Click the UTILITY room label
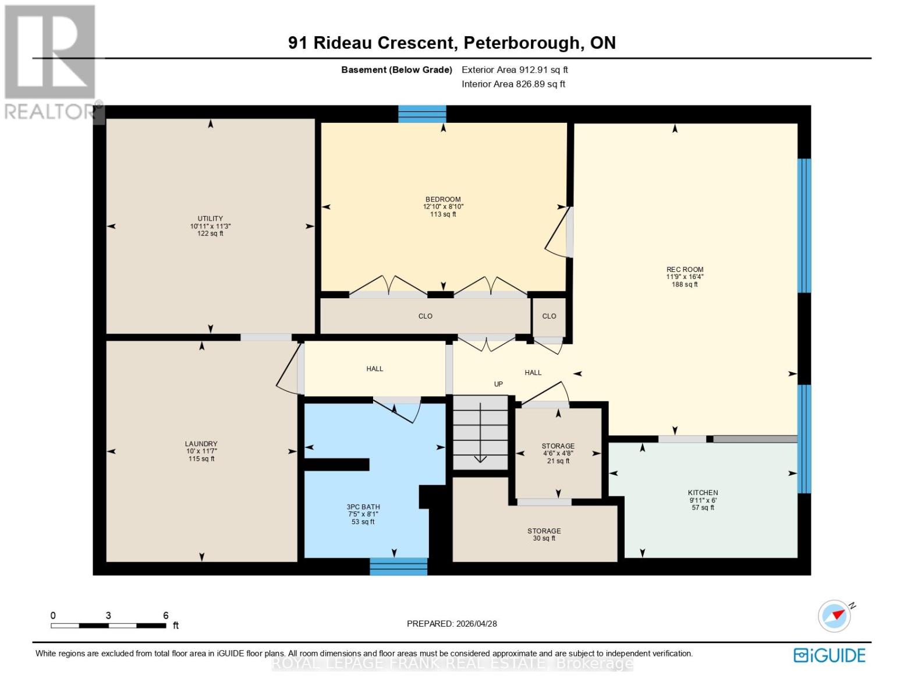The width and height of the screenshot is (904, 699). pos(210,219)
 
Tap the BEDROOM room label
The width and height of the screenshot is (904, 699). pos(443,200)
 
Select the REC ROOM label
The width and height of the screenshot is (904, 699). pos(685,270)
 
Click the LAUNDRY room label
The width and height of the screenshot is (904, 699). pos(201,444)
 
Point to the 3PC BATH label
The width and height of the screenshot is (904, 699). pos(363,507)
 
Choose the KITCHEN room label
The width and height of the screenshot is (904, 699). pos(703,493)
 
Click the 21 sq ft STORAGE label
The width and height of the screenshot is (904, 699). pos(558,446)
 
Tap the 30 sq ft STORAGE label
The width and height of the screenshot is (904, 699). pos(544,531)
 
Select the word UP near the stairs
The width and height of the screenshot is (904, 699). pos(498,384)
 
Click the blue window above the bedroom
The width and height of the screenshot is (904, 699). pos(422,114)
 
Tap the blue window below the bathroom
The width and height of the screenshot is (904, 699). pos(399,566)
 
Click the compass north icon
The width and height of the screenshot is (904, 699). pos(835,616)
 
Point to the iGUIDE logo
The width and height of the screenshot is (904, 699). pos(829,655)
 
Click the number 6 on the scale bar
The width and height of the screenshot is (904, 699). pos(166,616)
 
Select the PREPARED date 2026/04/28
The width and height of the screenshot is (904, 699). pos(476,624)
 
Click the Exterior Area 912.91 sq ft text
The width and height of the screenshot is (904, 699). pos(515,70)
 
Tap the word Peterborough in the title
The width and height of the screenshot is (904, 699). pos(519,43)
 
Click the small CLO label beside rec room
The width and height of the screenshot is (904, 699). pos(549,316)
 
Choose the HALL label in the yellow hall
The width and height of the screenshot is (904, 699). pos(375,369)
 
